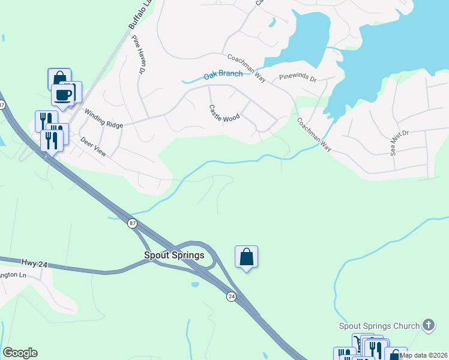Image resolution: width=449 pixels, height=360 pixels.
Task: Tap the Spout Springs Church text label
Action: pyautogui.click(x=379, y=326)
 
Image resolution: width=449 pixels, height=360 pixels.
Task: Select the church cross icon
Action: pyautogui.click(x=428, y=325)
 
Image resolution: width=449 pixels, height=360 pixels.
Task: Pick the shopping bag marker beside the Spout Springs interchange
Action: pyautogui.click(x=246, y=257)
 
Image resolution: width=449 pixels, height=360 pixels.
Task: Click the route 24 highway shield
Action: pyautogui.click(x=231, y=296)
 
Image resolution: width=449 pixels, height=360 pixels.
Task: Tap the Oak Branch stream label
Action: pyautogui.click(x=223, y=75)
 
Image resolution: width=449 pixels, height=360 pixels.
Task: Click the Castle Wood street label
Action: pyautogui.click(x=224, y=114)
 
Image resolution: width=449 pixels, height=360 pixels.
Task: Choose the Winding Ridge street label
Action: pyautogui.click(x=103, y=118)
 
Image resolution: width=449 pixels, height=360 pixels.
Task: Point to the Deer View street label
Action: pyautogui.click(x=93, y=146)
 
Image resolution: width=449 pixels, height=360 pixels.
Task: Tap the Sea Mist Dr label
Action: pyautogui.click(x=399, y=143)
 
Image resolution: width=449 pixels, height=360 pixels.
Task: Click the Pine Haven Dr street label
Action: pyautogui.click(x=139, y=54)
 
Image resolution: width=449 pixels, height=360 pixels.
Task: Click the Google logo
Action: pyautogui.click(x=20, y=353)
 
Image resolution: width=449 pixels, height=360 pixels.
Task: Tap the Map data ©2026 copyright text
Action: pyautogui.click(x=423, y=355)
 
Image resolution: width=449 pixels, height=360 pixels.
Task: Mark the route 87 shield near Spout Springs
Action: pyautogui.click(x=132, y=223)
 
